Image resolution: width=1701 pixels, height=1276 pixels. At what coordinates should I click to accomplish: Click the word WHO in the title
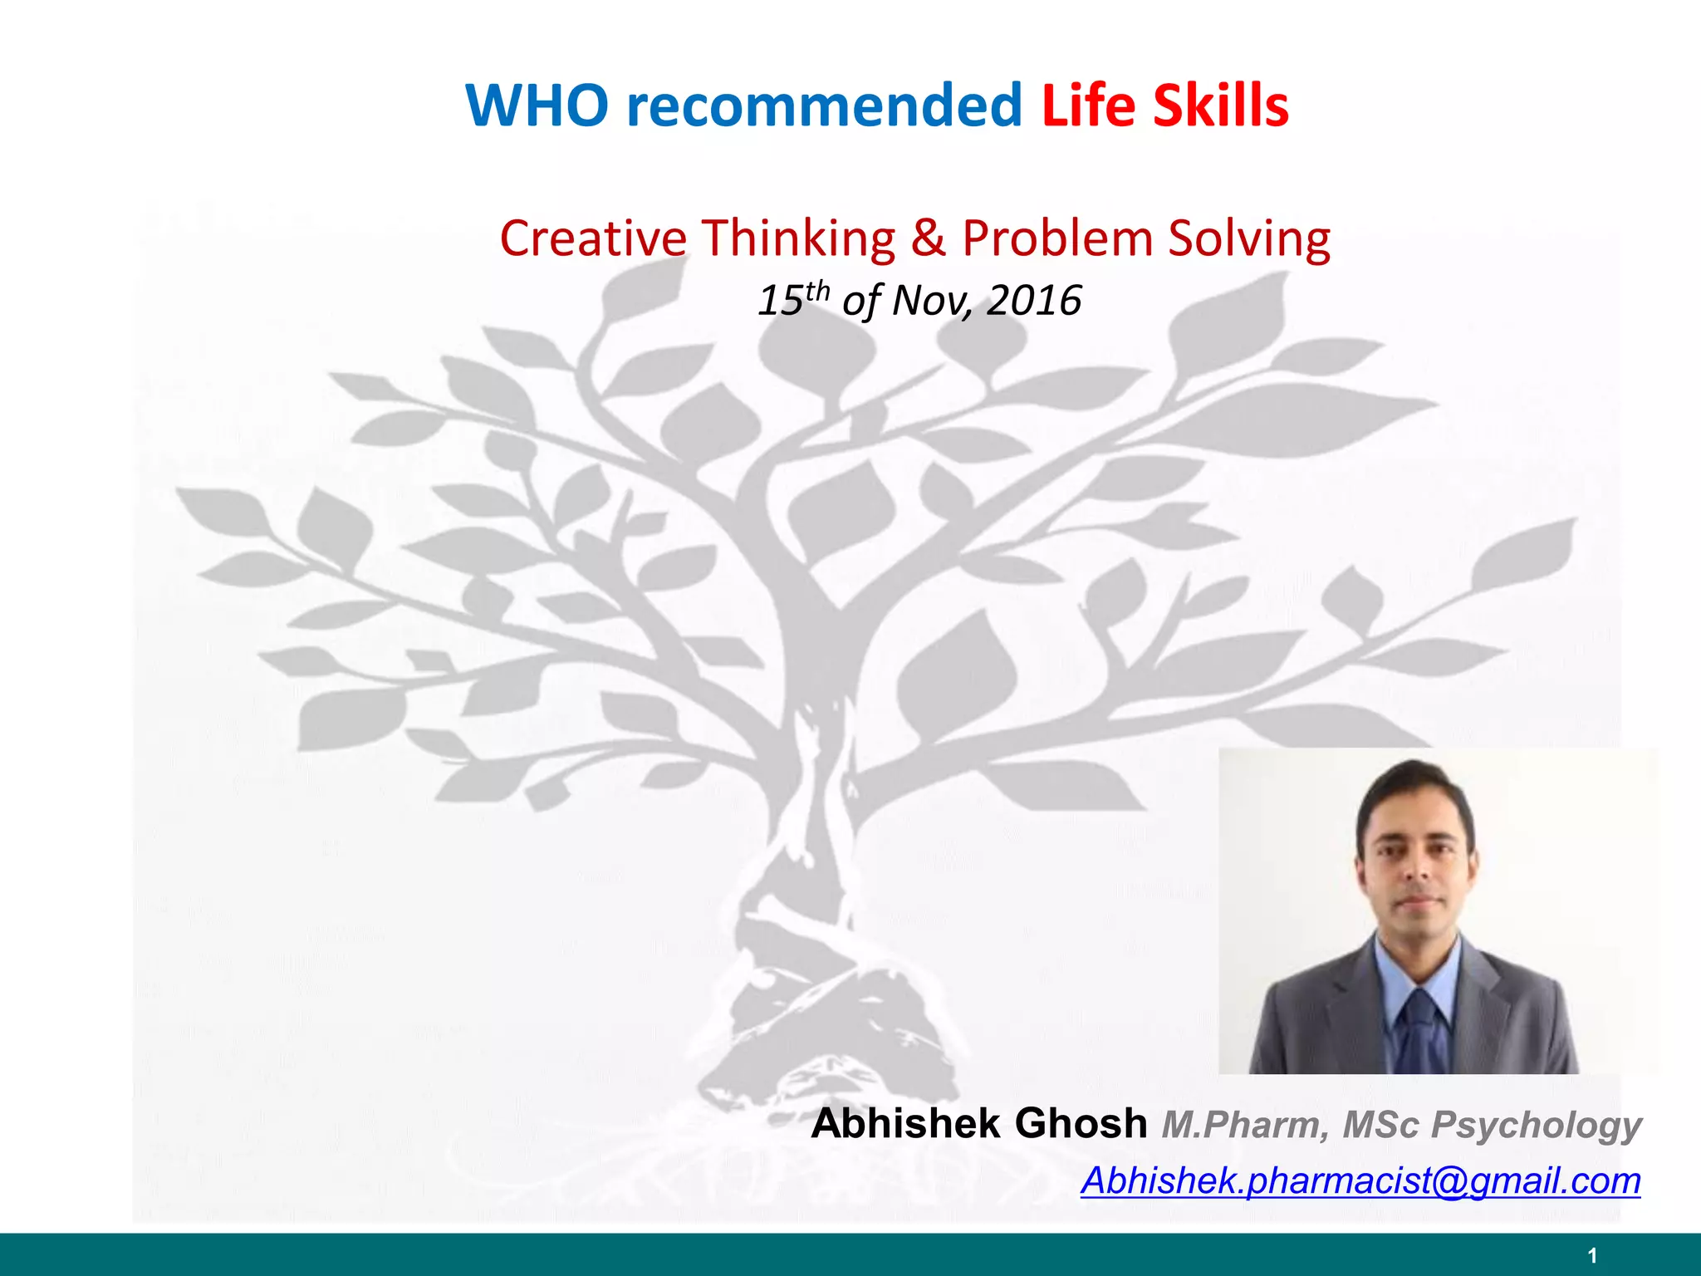click(x=537, y=106)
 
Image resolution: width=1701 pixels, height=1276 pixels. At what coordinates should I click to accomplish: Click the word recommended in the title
click(x=824, y=106)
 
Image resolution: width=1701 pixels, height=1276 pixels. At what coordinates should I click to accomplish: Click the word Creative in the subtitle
click(x=593, y=238)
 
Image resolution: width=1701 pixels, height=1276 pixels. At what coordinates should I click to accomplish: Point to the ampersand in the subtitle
click(x=928, y=238)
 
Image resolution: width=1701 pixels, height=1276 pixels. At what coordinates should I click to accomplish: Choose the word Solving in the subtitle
click(x=1249, y=238)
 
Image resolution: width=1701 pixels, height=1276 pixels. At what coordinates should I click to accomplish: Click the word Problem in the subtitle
click(x=1057, y=238)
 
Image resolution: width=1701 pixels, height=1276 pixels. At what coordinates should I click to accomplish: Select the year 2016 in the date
click(x=1033, y=300)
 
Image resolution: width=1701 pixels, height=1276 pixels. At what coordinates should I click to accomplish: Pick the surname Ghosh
click(x=1081, y=1123)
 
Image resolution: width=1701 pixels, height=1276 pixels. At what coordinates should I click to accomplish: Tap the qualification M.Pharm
click(x=1244, y=1125)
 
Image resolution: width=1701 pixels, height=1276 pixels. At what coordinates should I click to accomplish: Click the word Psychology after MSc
click(x=1536, y=1125)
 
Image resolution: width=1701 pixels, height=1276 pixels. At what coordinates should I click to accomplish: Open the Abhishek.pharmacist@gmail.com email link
click(x=1360, y=1180)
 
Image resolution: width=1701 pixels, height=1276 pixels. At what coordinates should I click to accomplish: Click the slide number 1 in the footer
click(x=1591, y=1255)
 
